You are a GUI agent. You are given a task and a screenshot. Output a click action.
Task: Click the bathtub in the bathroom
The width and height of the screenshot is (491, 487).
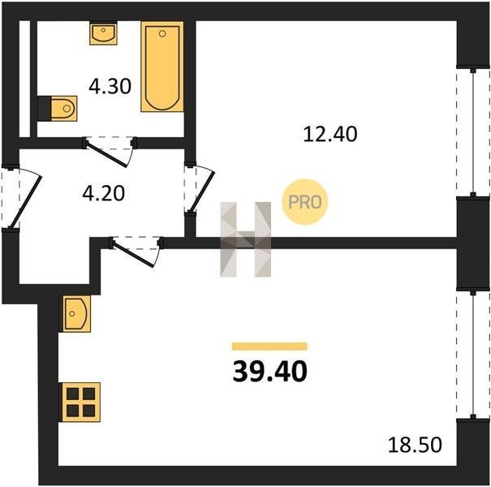pyautogui.click(x=162, y=67)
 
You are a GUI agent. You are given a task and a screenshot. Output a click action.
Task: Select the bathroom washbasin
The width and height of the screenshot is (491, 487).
pyautogui.click(x=103, y=33)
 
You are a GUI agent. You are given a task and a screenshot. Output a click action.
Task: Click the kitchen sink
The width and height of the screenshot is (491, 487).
pyautogui.click(x=77, y=313)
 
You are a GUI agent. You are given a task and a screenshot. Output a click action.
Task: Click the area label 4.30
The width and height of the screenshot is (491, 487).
pyautogui.click(x=110, y=86)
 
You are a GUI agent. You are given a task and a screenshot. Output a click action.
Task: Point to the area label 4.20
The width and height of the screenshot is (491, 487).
pyautogui.click(x=104, y=193)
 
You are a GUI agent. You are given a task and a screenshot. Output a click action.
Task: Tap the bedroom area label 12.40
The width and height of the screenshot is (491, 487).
pyautogui.click(x=330, y=134)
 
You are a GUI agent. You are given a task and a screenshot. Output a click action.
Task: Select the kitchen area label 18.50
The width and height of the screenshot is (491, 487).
pyautogui.click(x=415, y=445)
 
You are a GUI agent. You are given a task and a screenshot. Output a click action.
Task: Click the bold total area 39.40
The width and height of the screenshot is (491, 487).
pyautogui.click(x=270, y=371)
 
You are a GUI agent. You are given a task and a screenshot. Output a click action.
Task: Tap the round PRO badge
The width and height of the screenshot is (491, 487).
pyautogui.click(x=304, y=202)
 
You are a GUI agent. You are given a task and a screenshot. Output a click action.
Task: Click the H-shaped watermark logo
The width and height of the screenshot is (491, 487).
pyautogui.click(x=245, y=239)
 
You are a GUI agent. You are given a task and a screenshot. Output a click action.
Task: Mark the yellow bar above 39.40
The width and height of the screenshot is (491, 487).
pyautogui.click(x=269, y=346)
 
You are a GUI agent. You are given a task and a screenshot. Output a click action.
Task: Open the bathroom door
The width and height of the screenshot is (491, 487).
pyautogui.click(x=110, y=151)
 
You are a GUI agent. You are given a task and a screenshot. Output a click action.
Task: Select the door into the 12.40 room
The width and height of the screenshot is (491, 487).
pyautogui.click(x=200, y=189)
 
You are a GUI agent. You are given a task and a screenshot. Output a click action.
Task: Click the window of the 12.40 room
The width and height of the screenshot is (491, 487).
pyautogui.click(x=473, y=132)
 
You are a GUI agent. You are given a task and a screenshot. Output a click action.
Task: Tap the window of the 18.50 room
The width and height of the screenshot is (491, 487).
pyautogui.click(x=473, y=354)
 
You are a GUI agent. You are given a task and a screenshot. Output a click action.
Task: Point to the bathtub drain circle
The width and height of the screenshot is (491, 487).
pyautogui.click(x=162, y=34)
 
